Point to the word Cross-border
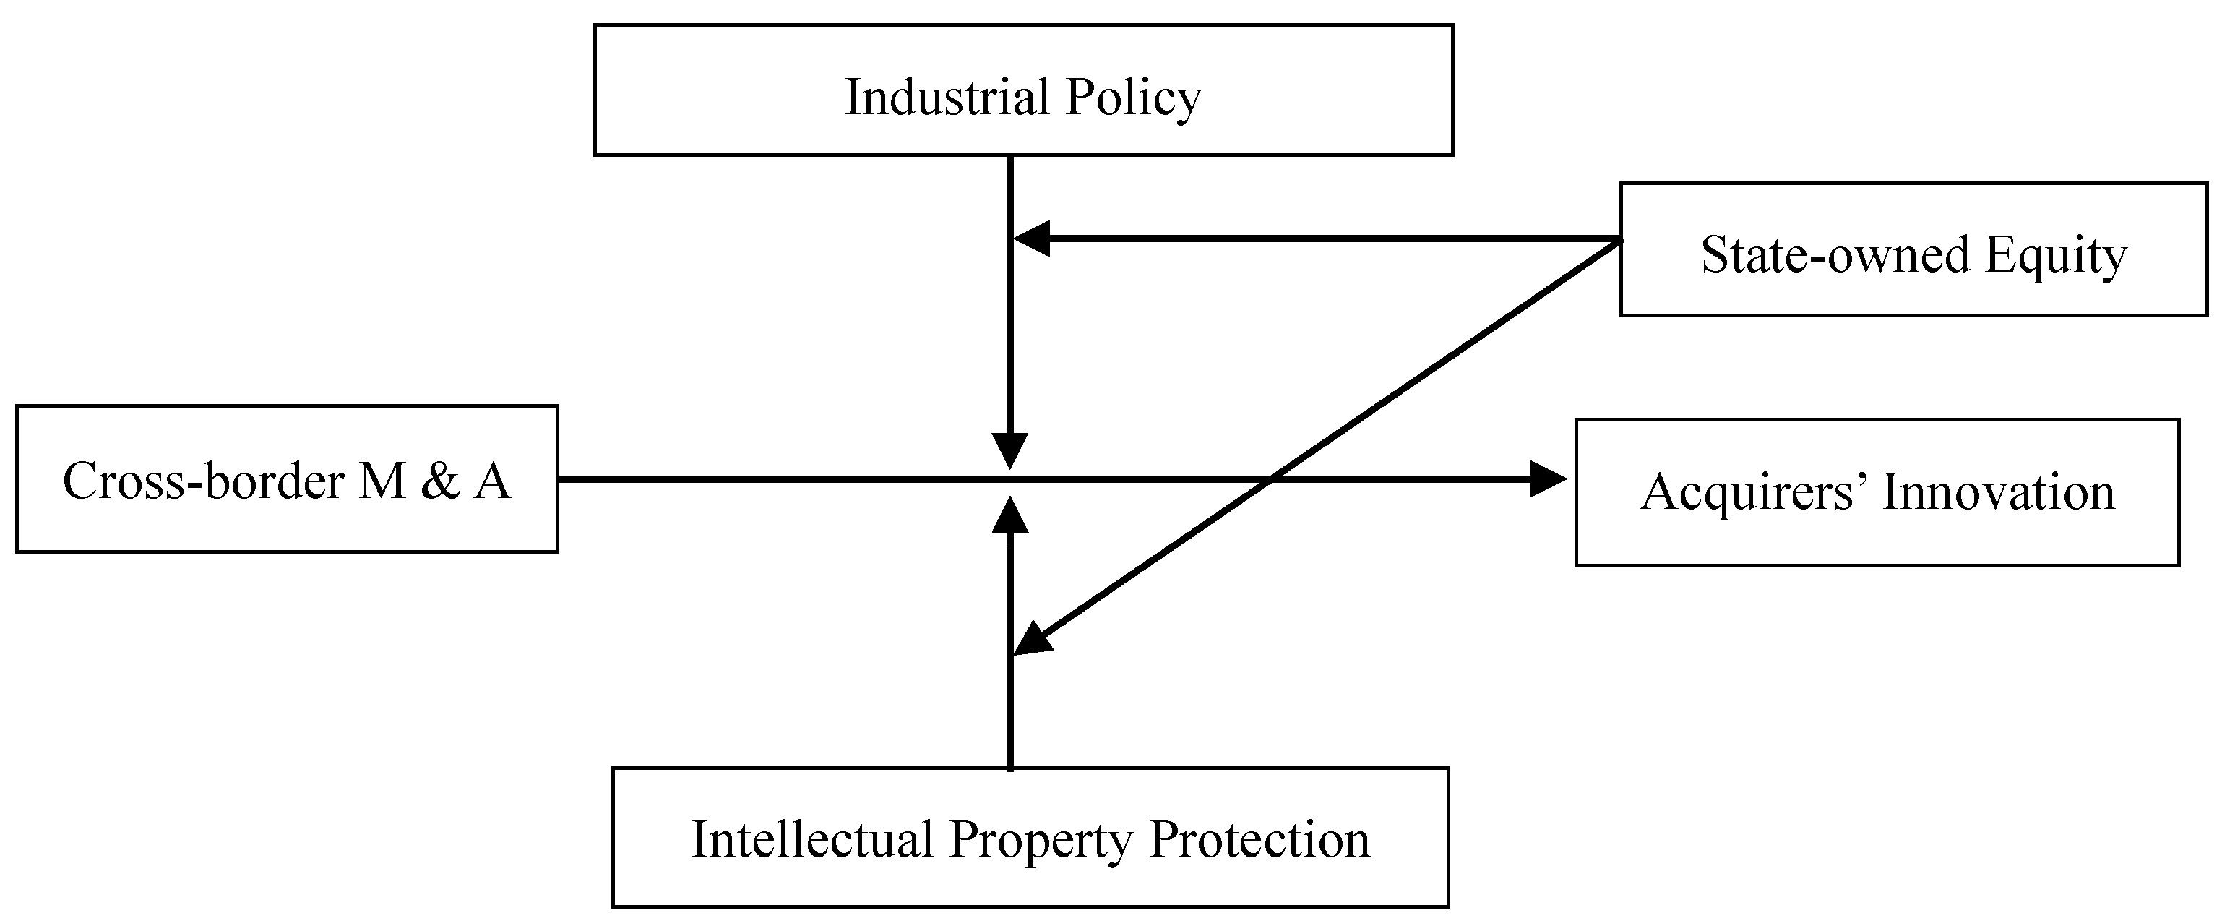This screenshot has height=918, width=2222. (204, 481)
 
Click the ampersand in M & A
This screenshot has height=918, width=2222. (440, 481)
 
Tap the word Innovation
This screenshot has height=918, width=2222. (1999, 493)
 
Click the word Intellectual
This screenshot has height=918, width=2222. (812, 839)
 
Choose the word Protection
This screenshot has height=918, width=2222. (1259, 839)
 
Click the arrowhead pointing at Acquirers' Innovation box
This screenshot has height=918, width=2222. (1548, 479)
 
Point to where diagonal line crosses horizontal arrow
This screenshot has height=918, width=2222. (1272, 479)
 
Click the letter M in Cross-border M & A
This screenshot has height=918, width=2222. (382, 481)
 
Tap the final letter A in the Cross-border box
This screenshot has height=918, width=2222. (493, 481)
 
